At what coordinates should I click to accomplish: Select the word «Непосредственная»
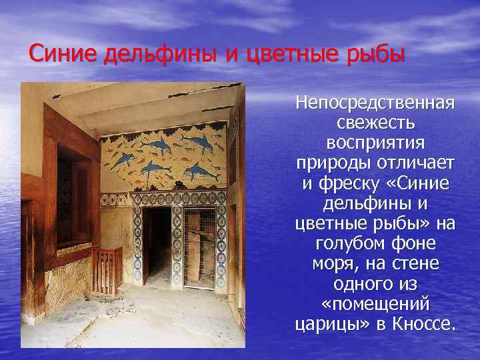pyautogui.click(x=377, y=103)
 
